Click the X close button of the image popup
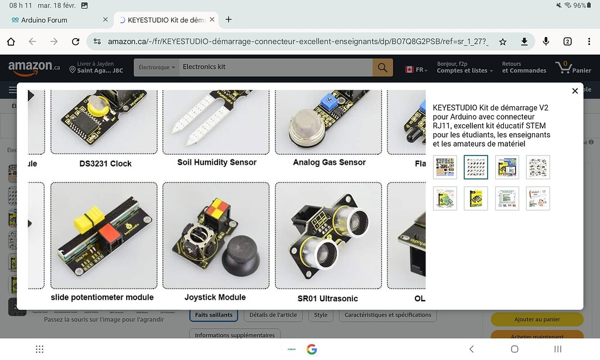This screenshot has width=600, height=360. coord(575,91)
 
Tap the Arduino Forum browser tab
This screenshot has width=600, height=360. coord(45,20)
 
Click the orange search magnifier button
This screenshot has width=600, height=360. coord(382,67)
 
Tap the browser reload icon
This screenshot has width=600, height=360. coord(76,42)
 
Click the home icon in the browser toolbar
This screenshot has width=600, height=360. coord(11,42)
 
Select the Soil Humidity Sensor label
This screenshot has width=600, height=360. coord(217,162)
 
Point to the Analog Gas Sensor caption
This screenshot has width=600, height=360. coord(329,162)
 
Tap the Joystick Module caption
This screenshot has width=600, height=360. coord(215,297)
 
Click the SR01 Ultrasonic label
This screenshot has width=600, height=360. coord(328,298)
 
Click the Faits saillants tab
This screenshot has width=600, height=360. coord(213,315)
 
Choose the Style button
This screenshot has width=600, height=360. coord(321,315)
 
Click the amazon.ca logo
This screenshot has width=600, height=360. coord(33,68)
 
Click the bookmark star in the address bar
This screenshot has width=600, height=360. coord(502,42)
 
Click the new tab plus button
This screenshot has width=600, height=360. coord(229,20)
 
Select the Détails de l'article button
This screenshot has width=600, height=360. coord(273,315)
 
